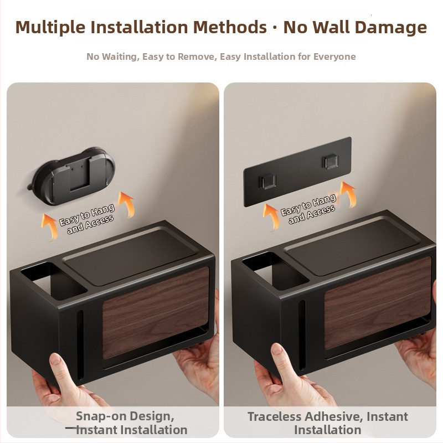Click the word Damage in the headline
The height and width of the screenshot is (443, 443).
(390, 27)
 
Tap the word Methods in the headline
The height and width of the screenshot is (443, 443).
(230, 27)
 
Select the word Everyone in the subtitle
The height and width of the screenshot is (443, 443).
(334, 57)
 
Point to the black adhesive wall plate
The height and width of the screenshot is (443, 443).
(297, 172)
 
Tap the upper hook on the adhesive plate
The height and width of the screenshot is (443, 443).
(331, 162)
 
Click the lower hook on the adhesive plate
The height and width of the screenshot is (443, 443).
(267, 182)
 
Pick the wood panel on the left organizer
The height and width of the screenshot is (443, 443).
(156, 312)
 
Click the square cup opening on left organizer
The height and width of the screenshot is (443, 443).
(54, 281)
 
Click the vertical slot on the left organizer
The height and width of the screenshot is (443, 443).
(80, 344)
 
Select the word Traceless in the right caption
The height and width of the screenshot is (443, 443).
(274, 417)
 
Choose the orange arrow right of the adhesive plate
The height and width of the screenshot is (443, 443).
(348, 194)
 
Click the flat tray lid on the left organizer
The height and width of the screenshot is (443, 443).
(131, 257)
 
